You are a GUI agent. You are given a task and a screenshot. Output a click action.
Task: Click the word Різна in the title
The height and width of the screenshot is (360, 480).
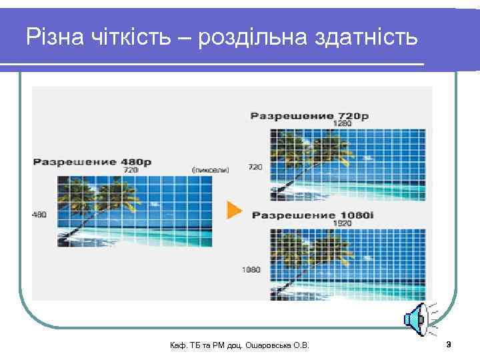pyautogui.click(x=52, y=37)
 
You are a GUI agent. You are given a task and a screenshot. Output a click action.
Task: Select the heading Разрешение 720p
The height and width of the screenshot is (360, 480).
pyautogui.click(x=309, y=116)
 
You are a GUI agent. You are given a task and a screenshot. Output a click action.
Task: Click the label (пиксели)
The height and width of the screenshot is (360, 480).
pyautogui.click(x=210, y=170)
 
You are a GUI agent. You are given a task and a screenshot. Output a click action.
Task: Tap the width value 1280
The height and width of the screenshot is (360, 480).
pyautogui.click(x=343, y=123)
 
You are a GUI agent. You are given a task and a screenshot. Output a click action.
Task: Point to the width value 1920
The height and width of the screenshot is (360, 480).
pyautogui.click(x=343, y=223)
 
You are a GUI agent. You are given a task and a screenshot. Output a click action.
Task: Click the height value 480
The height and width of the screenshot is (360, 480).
pyautogui.click(x=39, y=214)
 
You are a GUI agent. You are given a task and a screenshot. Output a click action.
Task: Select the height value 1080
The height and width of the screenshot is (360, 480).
pyautogui.click(x=251, y=269)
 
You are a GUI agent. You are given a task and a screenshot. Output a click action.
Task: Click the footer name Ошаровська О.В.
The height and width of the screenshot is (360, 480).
pyautogui.click(x=282, y=345)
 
